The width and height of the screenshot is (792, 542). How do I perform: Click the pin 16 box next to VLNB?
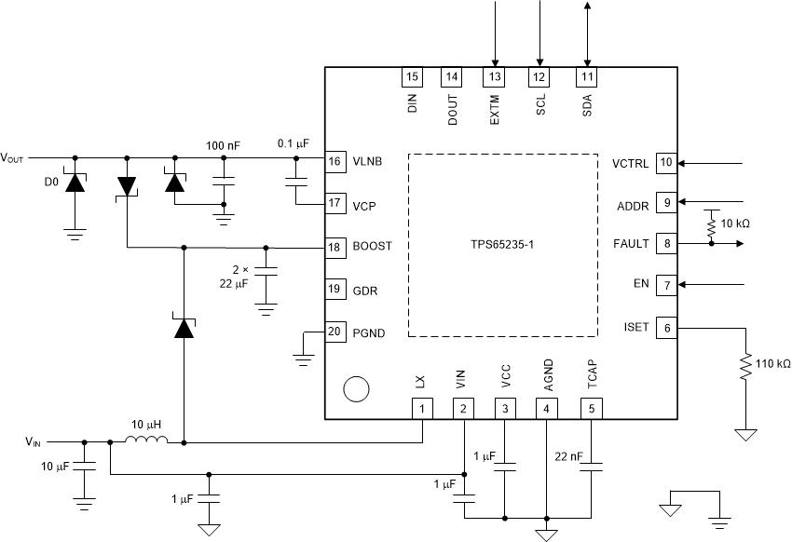335,161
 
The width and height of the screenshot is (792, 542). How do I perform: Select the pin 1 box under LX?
423,408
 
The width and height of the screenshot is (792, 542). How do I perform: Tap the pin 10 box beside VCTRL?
665,162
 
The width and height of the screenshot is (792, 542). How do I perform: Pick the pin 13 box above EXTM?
494,76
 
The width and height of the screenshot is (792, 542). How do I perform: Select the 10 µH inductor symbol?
148,440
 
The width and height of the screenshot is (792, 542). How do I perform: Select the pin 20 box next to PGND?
335,332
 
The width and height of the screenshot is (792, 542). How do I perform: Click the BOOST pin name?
373,247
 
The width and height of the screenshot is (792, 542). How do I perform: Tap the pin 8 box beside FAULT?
665,243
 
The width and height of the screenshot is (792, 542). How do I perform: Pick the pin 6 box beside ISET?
665,327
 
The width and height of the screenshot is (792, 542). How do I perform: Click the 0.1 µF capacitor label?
294,144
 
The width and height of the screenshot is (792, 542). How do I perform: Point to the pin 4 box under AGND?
546,408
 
